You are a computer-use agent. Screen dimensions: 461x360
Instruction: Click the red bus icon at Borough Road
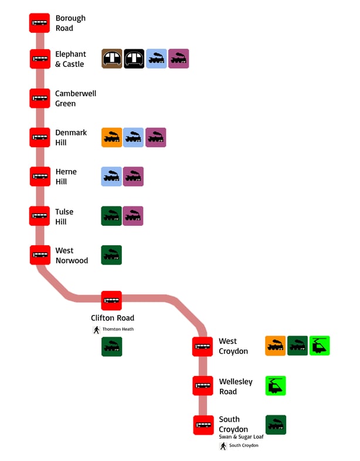pos(39,23)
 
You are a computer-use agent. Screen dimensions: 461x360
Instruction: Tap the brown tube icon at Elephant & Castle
pos(111,59)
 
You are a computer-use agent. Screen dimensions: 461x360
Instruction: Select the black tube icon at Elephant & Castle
pos(134,59)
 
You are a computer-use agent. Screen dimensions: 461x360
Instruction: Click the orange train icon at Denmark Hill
pos(111,137)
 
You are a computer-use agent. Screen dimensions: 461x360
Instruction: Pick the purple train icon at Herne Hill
pos(133,177)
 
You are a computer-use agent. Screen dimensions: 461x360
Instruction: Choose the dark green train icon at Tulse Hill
pos(111,216)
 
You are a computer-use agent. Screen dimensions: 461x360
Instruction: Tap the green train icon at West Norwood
pos(111,255)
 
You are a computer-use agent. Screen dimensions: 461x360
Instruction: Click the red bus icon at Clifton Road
pos(111,301)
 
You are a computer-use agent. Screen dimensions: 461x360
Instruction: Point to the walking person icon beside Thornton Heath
pos(97,330)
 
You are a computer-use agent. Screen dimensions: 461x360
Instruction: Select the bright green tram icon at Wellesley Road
pos(276,386)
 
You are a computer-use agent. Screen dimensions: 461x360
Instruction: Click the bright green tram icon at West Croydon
pos(320,346)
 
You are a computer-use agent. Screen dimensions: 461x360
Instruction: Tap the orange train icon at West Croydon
pos(275,346)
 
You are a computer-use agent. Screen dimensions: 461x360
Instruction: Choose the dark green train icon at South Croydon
pos(276,425)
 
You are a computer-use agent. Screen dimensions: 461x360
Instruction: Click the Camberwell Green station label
pos(76,99)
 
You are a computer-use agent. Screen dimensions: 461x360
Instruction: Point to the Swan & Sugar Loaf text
pos(241,436)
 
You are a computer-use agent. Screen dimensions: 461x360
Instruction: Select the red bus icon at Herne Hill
pos(39,177)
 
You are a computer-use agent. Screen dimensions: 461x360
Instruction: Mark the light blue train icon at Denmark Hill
pos(133,137)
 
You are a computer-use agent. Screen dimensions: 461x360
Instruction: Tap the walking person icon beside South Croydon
pos(223,446)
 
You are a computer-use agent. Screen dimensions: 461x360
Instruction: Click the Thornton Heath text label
pos(118,329)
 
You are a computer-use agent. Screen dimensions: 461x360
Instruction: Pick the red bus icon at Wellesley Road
pos(203,386)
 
